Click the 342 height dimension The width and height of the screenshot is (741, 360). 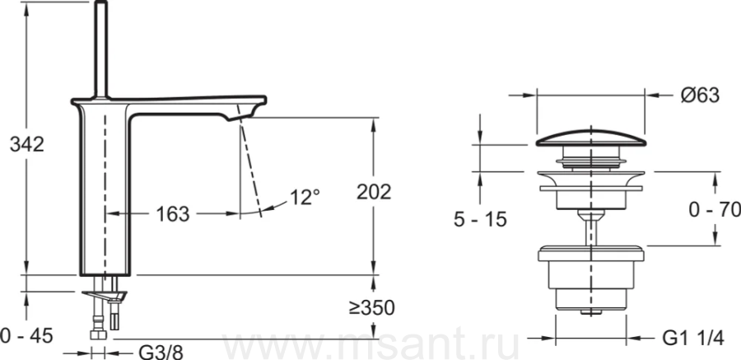click(x=27, y=144)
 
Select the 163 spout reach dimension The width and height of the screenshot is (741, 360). click(x=173, y=214)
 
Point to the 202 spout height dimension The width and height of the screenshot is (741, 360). click(x=374, y=192)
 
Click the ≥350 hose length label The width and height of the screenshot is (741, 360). click(x=371, y=308)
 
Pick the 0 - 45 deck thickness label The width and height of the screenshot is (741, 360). click(x=26, y=336)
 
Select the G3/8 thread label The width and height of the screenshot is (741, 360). click(x=161, y=353)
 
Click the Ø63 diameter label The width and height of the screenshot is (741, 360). click(x=700, y=96)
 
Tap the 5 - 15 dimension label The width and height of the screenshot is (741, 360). click(x=480, y=219)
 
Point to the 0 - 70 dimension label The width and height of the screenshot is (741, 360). click(x=715, y=209)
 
